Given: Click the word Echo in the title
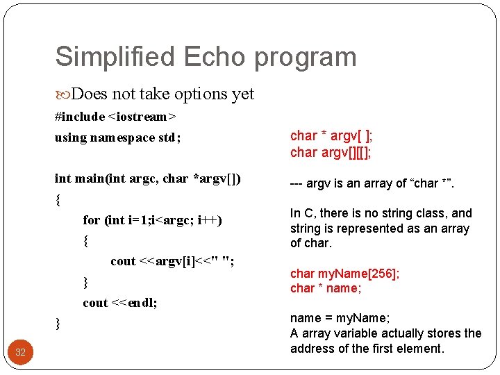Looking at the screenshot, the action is click(215, 56).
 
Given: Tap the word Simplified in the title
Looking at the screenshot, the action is click(115, 56).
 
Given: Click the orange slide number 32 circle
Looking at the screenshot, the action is click(20, 352).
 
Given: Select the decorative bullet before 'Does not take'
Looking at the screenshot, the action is click(62, 94).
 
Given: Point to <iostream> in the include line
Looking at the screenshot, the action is click(142, 117).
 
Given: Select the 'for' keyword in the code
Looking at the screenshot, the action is click(91, 219).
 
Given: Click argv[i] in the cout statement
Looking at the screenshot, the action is click(175, 262).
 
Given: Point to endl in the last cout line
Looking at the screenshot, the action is click(142, 303).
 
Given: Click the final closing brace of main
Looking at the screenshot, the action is click(58, 324).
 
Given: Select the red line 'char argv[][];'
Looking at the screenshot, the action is click(331, 153).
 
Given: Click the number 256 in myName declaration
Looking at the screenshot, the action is click(382, 274).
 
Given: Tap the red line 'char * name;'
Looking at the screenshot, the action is click(326, 288).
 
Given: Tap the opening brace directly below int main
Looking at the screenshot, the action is click(58, 200).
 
